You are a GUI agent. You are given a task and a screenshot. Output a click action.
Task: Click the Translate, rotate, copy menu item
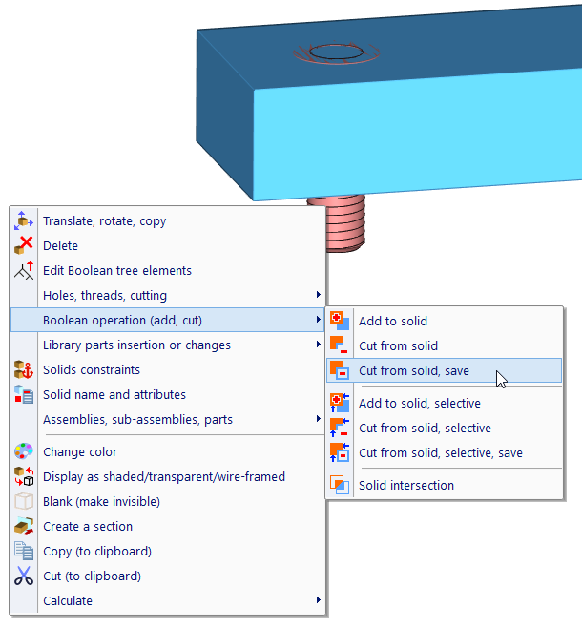(104, 221)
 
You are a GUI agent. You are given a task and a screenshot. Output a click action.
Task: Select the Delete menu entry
(60, 246)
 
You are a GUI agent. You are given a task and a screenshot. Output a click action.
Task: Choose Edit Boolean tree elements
(116, 271)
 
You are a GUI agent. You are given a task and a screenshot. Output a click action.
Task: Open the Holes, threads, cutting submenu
(105, 296)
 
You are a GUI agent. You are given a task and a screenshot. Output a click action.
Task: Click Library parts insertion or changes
(136, 345)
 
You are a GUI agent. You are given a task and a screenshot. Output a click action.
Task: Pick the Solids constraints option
(91, 370)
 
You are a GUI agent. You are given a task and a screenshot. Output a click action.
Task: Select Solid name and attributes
(114, 395)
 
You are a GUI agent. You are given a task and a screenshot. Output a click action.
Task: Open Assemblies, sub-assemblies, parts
(137, 420)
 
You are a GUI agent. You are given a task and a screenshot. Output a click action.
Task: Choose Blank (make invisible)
(101, 502)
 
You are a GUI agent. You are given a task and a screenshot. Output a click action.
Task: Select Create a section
(87, 527)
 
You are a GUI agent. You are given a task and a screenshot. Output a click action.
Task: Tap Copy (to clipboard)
(96, 552)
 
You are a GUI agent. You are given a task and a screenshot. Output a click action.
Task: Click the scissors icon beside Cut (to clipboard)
(24, 576)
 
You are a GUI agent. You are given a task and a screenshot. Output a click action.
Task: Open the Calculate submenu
(68, 601)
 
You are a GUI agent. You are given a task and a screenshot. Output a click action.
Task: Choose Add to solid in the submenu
(392, 322)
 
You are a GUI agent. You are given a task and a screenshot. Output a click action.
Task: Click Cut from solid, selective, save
(440, 453)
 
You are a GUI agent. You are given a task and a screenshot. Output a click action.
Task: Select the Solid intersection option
(405, 486)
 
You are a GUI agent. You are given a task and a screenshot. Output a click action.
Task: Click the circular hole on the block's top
(331, 52)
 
